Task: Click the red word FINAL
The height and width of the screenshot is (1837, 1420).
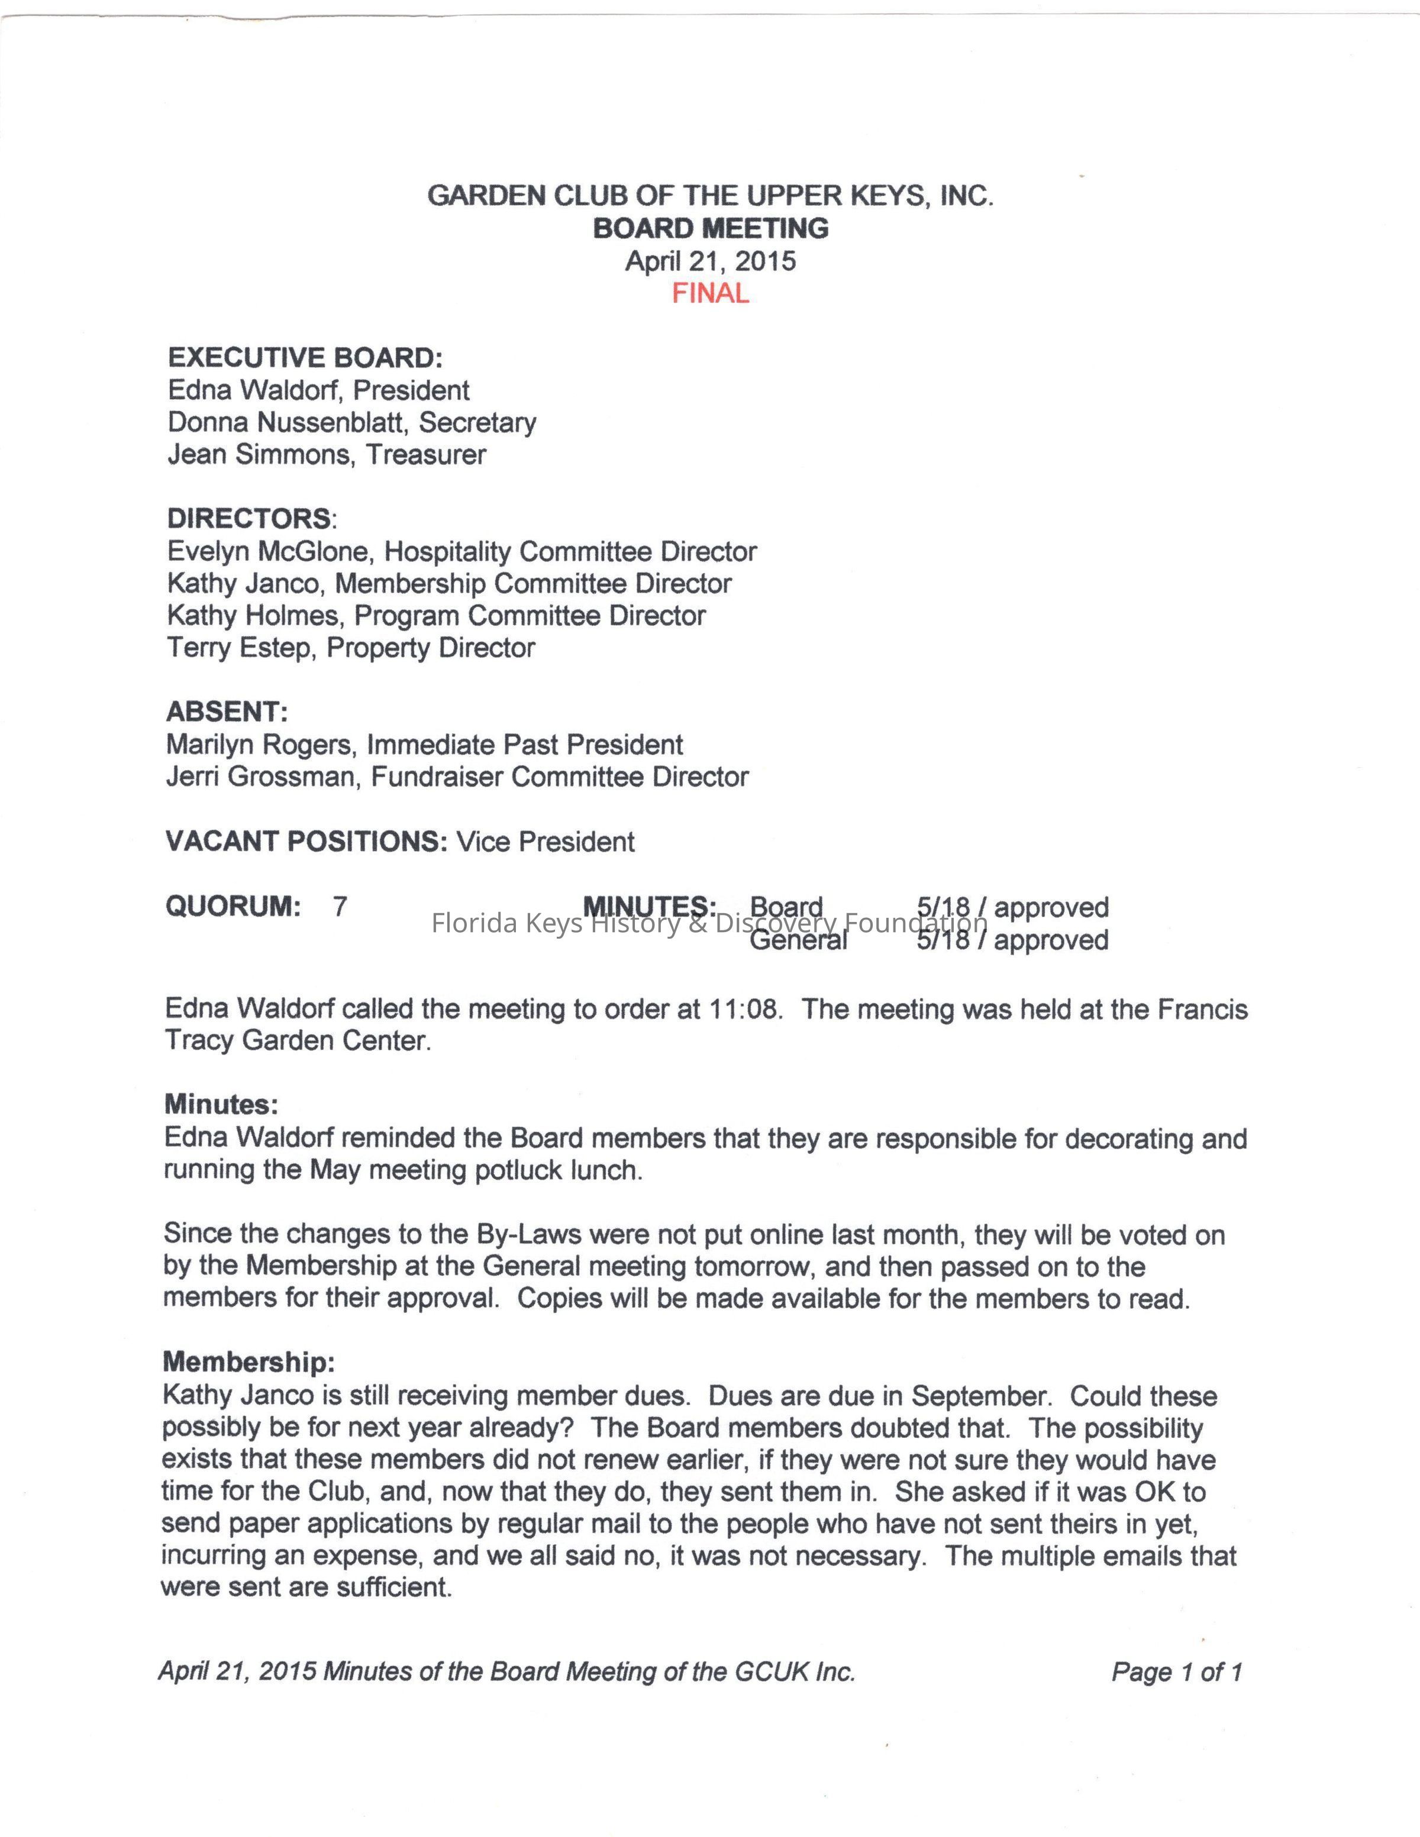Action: click(710, 293)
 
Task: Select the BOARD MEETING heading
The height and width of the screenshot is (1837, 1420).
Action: click(710, 228)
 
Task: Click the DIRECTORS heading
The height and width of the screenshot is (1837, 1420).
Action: click(249, 518)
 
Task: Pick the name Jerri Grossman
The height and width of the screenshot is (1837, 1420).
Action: click(260, 777)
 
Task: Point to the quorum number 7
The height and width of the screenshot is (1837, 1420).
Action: click(340, 906)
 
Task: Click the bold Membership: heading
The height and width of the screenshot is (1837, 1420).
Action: click(248, 1361)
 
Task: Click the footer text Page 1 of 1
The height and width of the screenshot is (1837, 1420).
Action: click(1176, 1671)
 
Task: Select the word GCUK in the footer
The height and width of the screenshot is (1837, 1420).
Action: click(769, 1671)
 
